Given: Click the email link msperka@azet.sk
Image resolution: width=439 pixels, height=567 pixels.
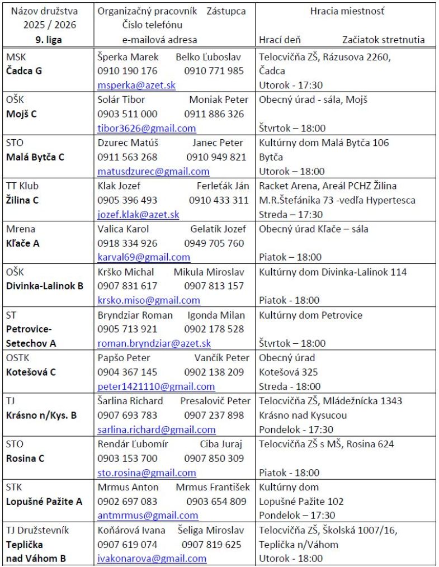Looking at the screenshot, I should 136,85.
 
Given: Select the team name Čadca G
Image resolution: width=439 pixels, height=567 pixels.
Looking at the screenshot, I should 24,70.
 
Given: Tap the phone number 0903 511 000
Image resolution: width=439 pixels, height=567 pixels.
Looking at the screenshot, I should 128,114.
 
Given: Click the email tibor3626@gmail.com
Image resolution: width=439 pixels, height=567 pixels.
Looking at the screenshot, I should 147,128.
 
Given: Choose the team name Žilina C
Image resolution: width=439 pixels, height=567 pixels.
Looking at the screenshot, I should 22,200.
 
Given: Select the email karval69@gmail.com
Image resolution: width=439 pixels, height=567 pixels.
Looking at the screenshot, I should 144,257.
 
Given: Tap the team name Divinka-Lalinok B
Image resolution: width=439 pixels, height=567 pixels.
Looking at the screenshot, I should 45,286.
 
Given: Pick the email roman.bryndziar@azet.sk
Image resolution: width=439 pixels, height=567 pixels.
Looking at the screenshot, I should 154,343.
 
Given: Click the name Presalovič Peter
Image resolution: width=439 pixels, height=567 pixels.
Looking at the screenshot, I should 215,400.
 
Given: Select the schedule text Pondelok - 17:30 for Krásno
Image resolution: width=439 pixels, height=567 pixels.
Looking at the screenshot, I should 296,429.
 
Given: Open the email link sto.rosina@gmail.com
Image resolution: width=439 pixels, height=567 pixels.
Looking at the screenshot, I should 147,472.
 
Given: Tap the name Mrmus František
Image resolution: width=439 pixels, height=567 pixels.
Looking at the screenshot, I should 213,487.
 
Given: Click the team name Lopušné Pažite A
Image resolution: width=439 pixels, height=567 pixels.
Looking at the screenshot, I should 44,501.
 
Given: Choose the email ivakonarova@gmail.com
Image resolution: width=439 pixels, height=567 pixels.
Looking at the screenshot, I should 152,559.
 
